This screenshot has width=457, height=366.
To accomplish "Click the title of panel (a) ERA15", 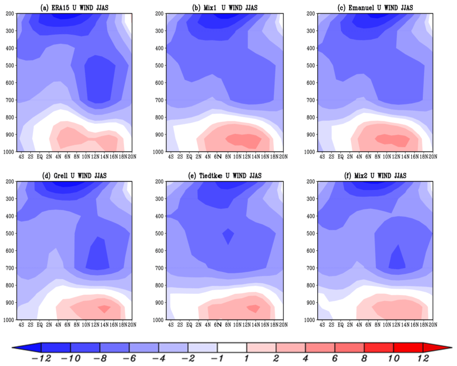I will (x=74, y=8).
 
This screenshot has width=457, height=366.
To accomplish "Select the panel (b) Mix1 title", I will (x=225, y=8).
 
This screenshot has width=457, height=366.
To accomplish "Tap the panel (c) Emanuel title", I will (x=375, y=8).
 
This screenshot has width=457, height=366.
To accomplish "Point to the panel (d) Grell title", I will (x=74, y=175).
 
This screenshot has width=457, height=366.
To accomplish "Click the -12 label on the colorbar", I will (x=41, y=358).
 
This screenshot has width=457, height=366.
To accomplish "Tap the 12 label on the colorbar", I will (x=423, y=358).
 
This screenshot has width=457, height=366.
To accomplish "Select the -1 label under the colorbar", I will (x=217, y=358).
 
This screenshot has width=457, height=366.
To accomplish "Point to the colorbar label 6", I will (x=335, y=358).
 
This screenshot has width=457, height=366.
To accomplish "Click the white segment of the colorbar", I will (x=232, y=347).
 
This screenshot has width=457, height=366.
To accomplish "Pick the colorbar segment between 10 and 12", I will (x=408, y=347).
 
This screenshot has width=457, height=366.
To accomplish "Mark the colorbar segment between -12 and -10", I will (x=56, y=347).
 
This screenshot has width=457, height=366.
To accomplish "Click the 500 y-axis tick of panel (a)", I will (x=10, y=65).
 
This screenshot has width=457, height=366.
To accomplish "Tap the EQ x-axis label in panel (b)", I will (x=189, y=157).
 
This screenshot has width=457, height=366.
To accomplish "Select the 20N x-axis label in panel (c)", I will (x=433, y=157).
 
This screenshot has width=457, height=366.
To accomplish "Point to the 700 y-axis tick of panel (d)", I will (x=10, y=268).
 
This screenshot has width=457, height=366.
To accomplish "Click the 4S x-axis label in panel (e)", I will (x=171, y=325).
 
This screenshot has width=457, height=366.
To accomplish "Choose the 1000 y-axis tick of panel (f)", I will (x=309, y=320).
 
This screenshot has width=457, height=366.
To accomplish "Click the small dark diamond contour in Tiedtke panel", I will (x=228, y=236).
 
